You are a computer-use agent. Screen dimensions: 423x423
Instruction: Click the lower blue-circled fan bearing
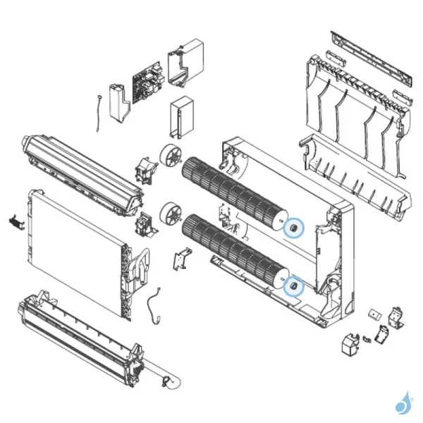point(293,286)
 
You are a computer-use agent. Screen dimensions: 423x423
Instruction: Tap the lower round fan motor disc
point(170,213)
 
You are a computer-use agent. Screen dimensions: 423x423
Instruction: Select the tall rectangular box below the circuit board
point(181,116)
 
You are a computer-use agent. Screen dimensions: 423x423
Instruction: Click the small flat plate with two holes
point(373,312)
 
